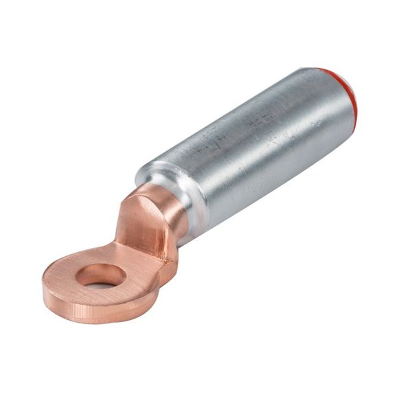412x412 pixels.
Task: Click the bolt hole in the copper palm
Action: click(x=101, y=276)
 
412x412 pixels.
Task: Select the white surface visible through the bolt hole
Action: click(x=103, y=282)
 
